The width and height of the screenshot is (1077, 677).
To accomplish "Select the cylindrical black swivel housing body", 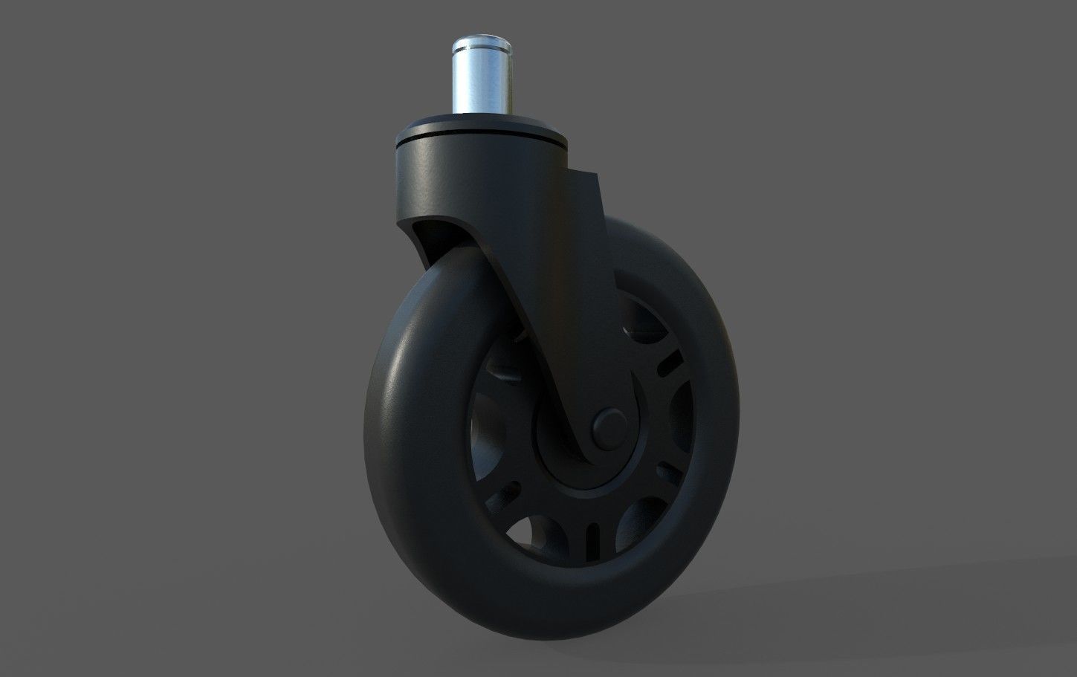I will [x=476, y=178].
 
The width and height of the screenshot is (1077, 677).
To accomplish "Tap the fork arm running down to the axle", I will [x=535, y=334].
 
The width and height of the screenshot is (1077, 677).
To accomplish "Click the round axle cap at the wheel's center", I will [x=608, y=427].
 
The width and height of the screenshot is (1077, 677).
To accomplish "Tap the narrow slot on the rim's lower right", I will [x=670, y=473].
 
